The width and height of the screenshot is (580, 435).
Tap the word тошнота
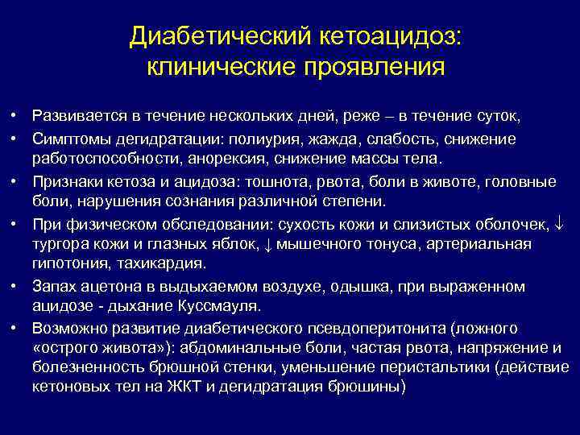(x=304, y=180)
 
